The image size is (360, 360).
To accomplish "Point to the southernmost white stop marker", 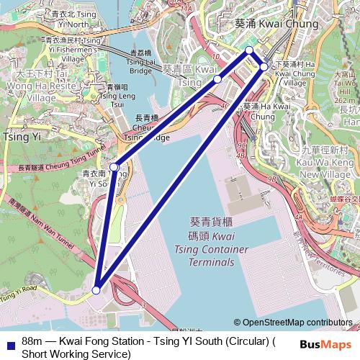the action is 96,290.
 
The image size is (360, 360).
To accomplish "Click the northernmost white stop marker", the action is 249,50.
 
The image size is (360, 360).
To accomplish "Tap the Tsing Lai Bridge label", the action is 140,62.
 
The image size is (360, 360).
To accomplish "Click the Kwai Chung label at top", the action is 276,24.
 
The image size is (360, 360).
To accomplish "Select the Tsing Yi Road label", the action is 18,294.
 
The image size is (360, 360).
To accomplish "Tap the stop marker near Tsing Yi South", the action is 114,167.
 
